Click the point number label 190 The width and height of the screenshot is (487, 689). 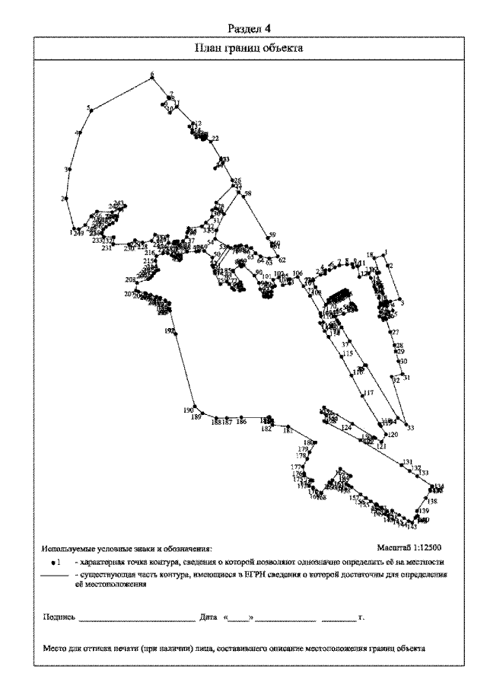189,410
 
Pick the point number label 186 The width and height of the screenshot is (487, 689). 241,421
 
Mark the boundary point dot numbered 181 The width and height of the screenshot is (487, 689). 286,428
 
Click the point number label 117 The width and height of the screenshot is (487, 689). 369,393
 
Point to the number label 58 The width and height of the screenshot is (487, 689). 247,193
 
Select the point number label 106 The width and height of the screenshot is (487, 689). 298,273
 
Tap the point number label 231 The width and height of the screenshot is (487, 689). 107,247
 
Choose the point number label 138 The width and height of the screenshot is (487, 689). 432,502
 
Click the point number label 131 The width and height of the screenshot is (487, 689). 408,462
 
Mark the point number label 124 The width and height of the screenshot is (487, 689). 346,429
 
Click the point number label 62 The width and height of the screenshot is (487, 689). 282,260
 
